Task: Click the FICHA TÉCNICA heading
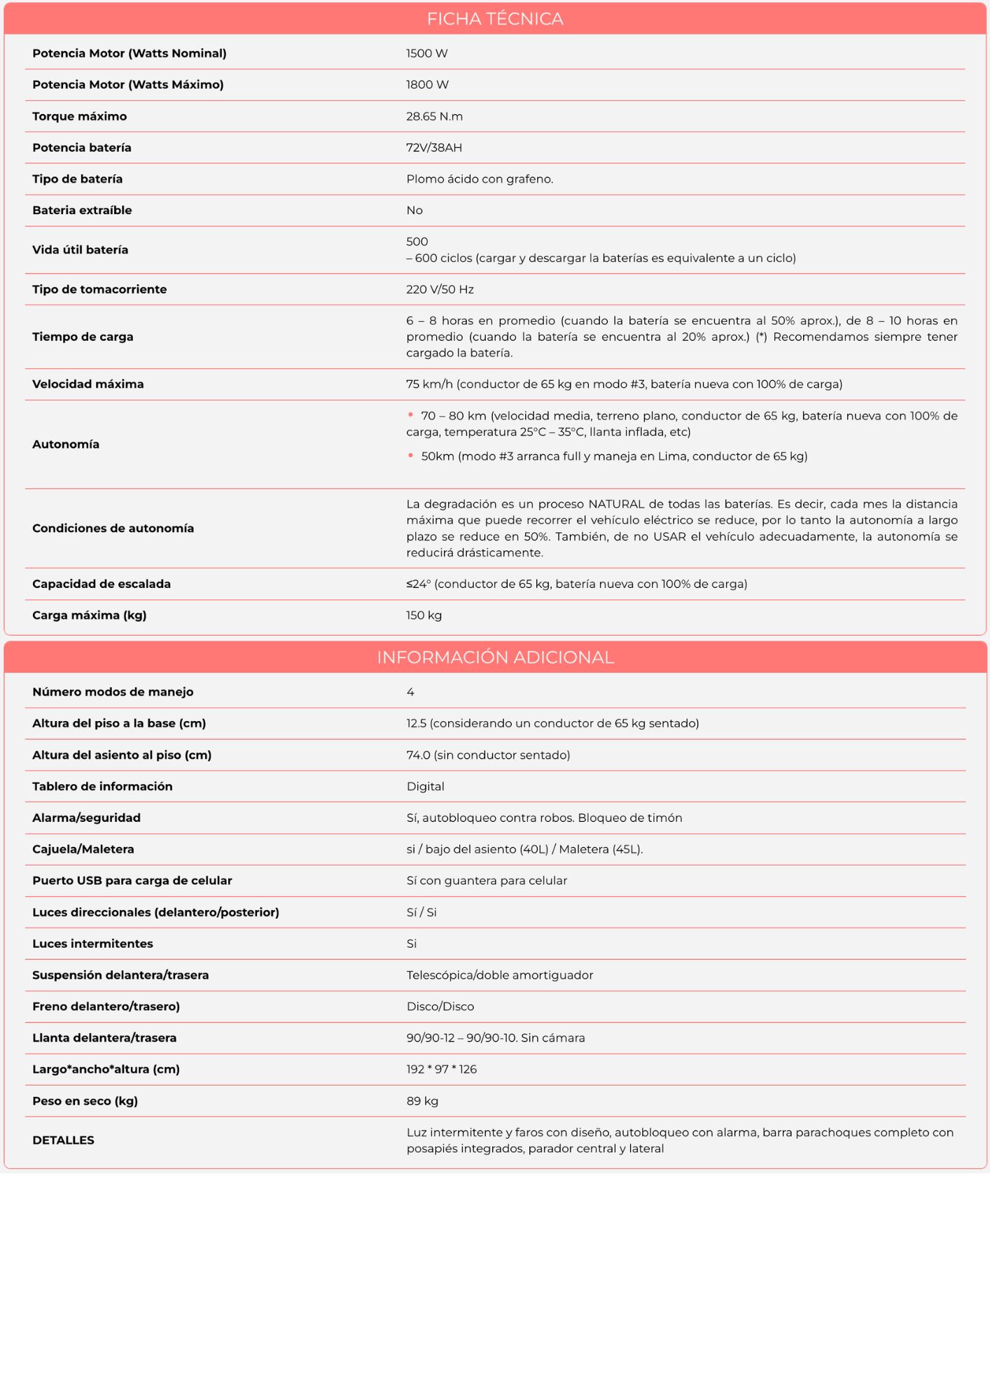[495, 19]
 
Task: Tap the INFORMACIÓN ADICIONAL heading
[495, 657]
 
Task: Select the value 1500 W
[426, 53]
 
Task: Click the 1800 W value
[427, 85]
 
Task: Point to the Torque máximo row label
[79, 116]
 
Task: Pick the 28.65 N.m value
[434, 116]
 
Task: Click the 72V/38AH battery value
[434, 148]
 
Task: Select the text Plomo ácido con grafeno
[480, 179]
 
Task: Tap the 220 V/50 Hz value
[440, 289]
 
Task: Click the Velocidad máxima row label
[88, 384]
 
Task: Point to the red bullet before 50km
[410, 456]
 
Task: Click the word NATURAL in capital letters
[616, 504]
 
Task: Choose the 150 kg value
[424, 615]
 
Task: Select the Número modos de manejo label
[113, 692]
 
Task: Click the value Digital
[425, 786]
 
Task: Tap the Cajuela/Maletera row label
[83, 849]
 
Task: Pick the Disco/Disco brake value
[440, 1007]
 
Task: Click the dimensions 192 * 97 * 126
[441, 1069]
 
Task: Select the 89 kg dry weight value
[422, 1101]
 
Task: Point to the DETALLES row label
[63, 1140]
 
